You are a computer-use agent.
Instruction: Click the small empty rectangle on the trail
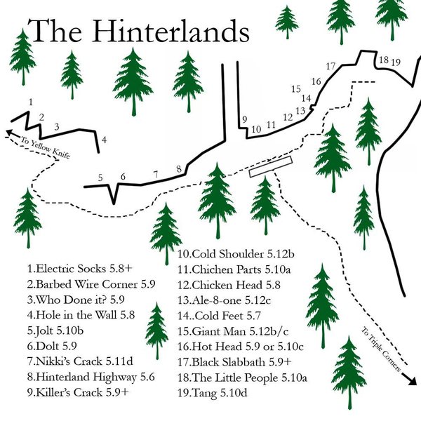pyautogui.click(x=269, y=166)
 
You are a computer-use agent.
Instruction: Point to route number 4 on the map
pyautogui.click(x=104, y=140)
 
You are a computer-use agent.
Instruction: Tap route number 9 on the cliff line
pyautogui.click(x=244, y=120)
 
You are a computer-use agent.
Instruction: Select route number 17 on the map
pyautogui.click(x=330, y=66)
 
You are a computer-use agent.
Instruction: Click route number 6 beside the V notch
pyautogui.click(x=123, y=177)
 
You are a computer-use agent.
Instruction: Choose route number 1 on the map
pyautogui.click(x=30, y=102)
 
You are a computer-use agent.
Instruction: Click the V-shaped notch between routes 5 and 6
pyautogui.click(x=112, y=196)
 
